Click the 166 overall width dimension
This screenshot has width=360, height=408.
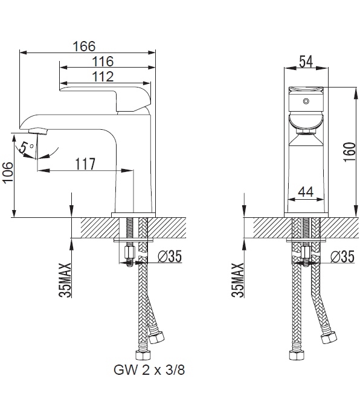click(84, 46)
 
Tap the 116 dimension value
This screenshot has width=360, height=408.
click(103, 62)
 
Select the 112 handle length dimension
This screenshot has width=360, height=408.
click(103, 77)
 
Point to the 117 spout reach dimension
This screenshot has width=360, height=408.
click(85, 164)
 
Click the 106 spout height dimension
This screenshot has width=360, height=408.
click(8, 173)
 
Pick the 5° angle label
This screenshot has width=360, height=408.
click(26, 148)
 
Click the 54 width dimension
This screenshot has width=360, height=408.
click(306, 62)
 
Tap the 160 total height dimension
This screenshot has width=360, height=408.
click(350, 152)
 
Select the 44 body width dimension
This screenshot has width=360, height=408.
click(306, 192)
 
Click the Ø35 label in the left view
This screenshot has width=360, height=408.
click(170, 257)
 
